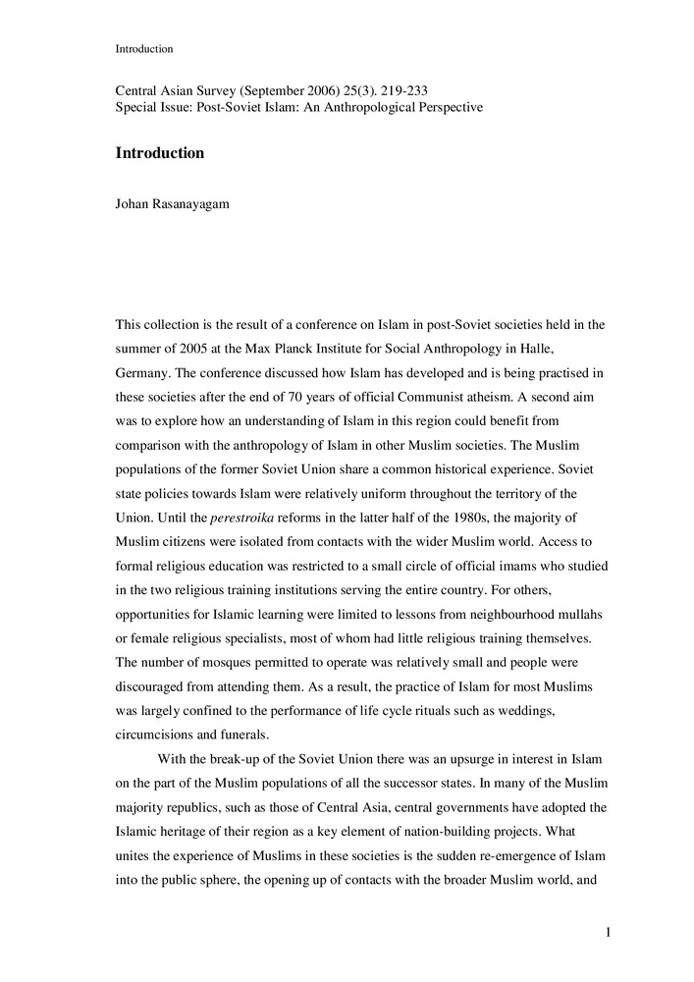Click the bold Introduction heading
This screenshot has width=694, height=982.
click(160, 153)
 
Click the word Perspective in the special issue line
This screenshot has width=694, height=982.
click(446, 106)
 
